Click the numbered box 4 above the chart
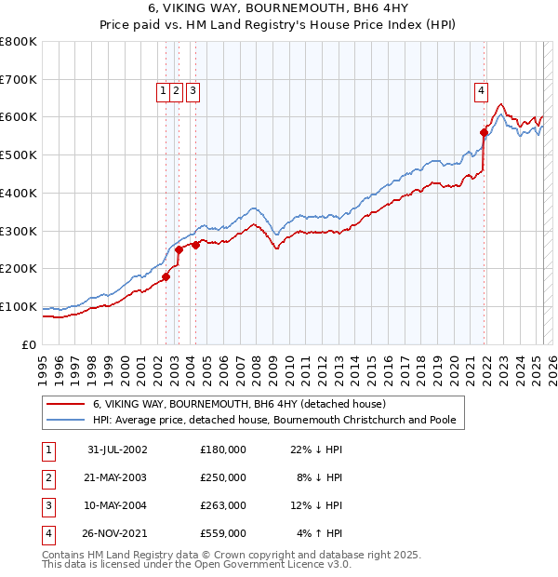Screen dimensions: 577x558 481,90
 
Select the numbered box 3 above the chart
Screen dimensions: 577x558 192,90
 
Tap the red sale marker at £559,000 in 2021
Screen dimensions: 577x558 484,133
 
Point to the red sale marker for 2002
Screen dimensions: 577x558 166,276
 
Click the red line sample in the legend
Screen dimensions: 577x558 65,404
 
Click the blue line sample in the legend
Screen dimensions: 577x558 65,420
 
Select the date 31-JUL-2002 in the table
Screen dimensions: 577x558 117,449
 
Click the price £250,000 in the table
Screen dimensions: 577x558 223,477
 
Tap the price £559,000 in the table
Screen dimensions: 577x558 223,534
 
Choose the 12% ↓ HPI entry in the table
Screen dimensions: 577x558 316,505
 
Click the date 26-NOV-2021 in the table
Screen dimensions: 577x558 117,534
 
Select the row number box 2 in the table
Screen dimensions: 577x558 47,477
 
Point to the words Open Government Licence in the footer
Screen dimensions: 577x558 269,564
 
